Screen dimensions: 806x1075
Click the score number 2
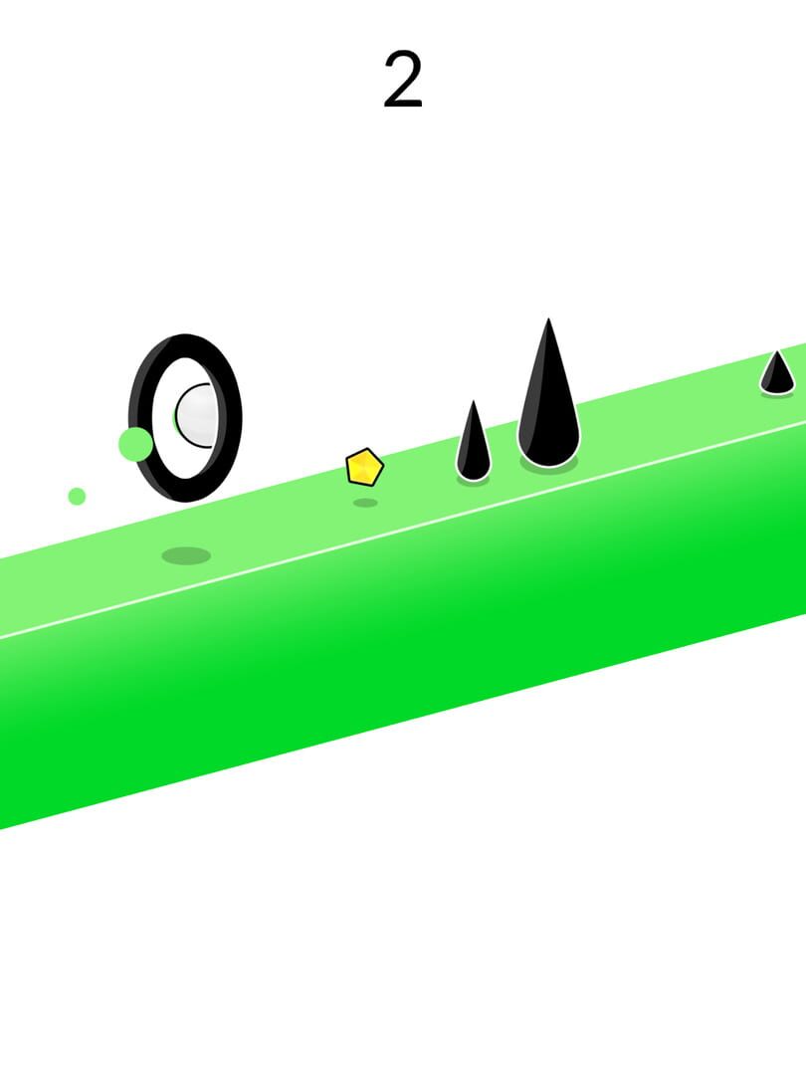coord(403,81)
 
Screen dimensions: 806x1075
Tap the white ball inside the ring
coord(195,415)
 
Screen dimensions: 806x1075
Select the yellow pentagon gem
coord(364,468)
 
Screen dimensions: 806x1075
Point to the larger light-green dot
coord(135,444)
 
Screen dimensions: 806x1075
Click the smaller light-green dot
coord(77,497)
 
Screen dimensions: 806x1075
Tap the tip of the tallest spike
coord(548,320)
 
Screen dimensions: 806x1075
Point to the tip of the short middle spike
coord(473,402)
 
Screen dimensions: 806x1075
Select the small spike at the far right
coord(777,372)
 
